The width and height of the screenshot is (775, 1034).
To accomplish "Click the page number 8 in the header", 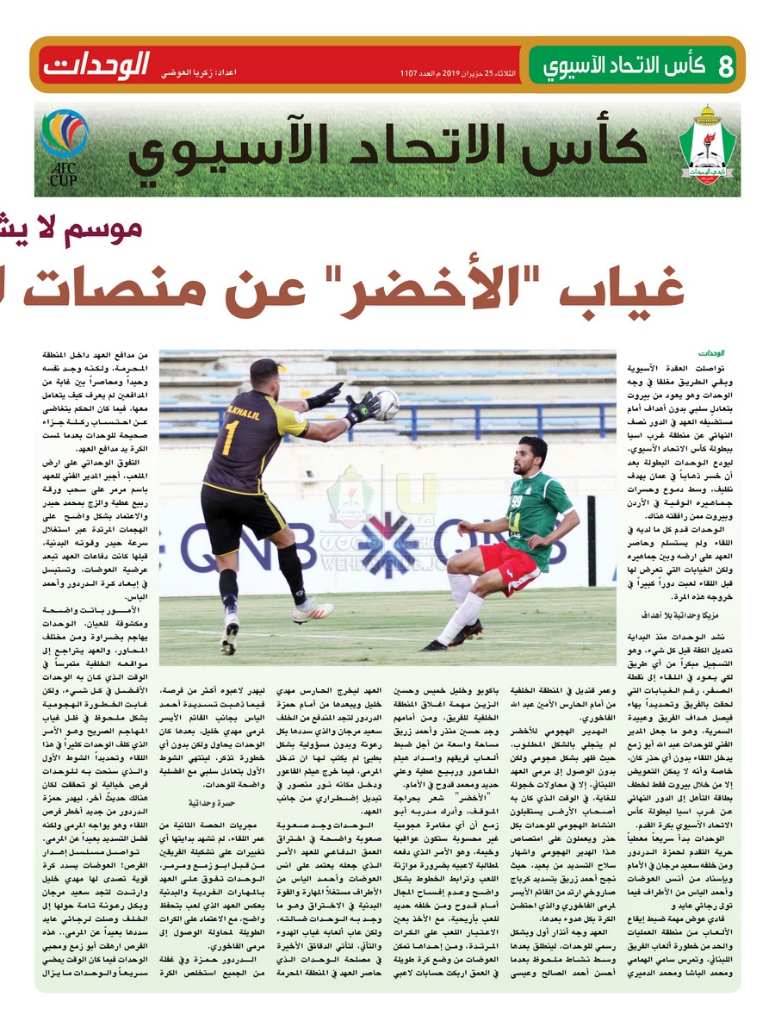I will coord(724,66).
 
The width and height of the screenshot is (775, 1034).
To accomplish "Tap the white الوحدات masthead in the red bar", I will coord(96,65).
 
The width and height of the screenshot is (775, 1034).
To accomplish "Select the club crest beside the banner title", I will coord(707,148).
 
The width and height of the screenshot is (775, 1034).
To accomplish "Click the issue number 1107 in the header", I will coord(408,72).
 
